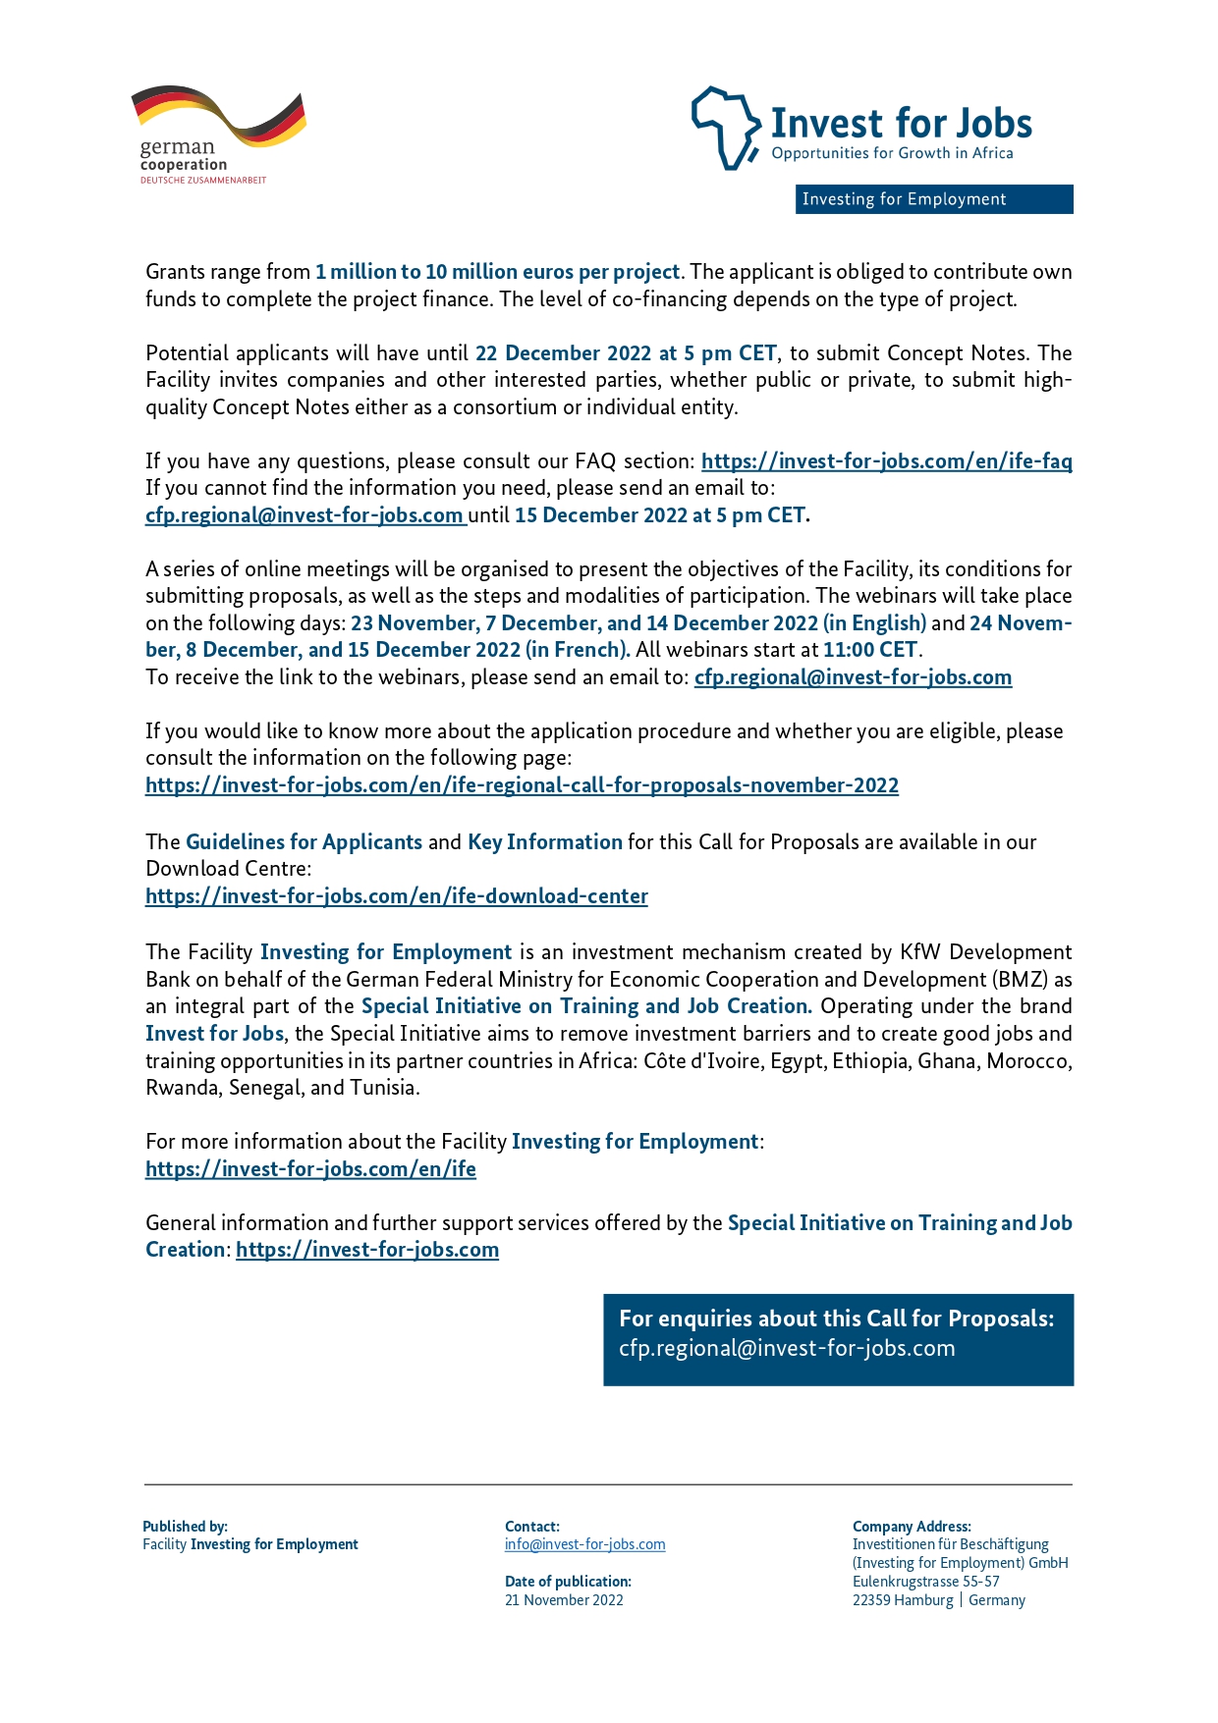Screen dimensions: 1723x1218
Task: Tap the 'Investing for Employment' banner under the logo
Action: [x=933, y=199]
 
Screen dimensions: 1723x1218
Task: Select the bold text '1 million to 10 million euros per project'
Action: [x=497, y=272]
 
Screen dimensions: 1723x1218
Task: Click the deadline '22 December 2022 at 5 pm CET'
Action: [x=626, y=353]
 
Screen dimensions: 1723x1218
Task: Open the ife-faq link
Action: [x=886, y=461]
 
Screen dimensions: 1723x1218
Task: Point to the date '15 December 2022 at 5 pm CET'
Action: [x=660, y=515]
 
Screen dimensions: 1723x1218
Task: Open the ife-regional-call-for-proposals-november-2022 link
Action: [x=522, y=785]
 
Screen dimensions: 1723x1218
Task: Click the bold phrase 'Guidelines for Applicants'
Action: [x=304, y=842]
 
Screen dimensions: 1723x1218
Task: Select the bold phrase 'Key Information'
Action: [x=544, y=842]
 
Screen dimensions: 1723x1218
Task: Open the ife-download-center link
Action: [x=397, y=896]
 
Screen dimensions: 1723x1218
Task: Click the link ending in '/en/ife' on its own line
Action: [x=310, y=1169]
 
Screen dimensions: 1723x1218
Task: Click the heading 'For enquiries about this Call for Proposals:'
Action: [x=836, y=1319]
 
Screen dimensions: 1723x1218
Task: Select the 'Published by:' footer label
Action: [x=185, y=1527]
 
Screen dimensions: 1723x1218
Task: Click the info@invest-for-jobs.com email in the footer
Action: [x=584, y=1544]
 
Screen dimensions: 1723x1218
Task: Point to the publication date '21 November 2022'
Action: [x=564, y=1600]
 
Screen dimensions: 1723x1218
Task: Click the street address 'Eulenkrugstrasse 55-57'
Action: [x=925, y=1582]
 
